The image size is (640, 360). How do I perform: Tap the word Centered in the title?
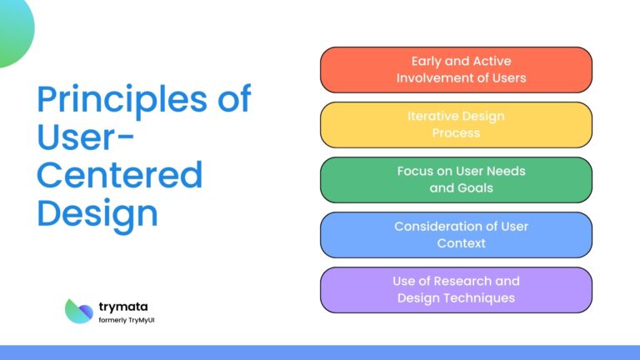pos(120,175)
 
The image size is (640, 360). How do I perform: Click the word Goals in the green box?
pos(474,188)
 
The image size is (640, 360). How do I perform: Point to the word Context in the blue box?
pos(461,243)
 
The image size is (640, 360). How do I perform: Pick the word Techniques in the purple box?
pos(481,298)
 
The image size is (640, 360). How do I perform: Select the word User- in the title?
pos(81,137)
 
